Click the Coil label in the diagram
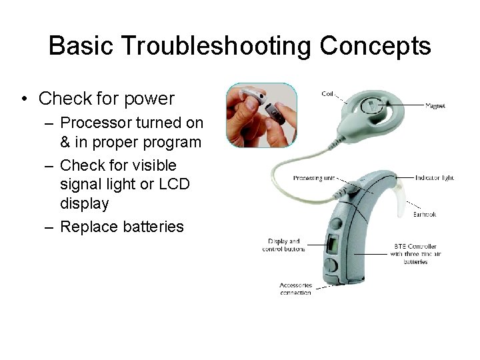pyautogui.click(x=328, y=93)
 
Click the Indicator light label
pyautogui.click(x=434, y=178)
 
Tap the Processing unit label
pyautogui.click(x=313, y=179)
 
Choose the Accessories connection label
pyautogui.click(x=295, y=289)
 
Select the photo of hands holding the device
pyautogui.click(x=251, y=115)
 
